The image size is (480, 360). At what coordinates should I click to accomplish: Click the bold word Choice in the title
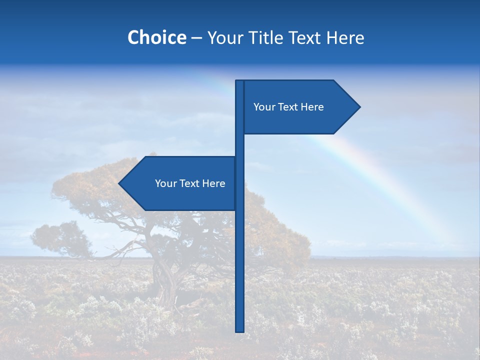point(156,38)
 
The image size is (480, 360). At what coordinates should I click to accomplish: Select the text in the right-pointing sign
point(288,107)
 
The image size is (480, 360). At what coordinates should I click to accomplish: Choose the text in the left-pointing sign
point(190,183)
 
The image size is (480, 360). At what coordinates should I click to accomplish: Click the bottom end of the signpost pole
point(239,330)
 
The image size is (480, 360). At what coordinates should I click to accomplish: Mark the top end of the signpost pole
point(239,82)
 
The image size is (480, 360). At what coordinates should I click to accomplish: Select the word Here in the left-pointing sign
point(213,183)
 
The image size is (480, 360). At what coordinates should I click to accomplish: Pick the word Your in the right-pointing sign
point(263,107)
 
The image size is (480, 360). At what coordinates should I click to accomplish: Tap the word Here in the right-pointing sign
point(312,107)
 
